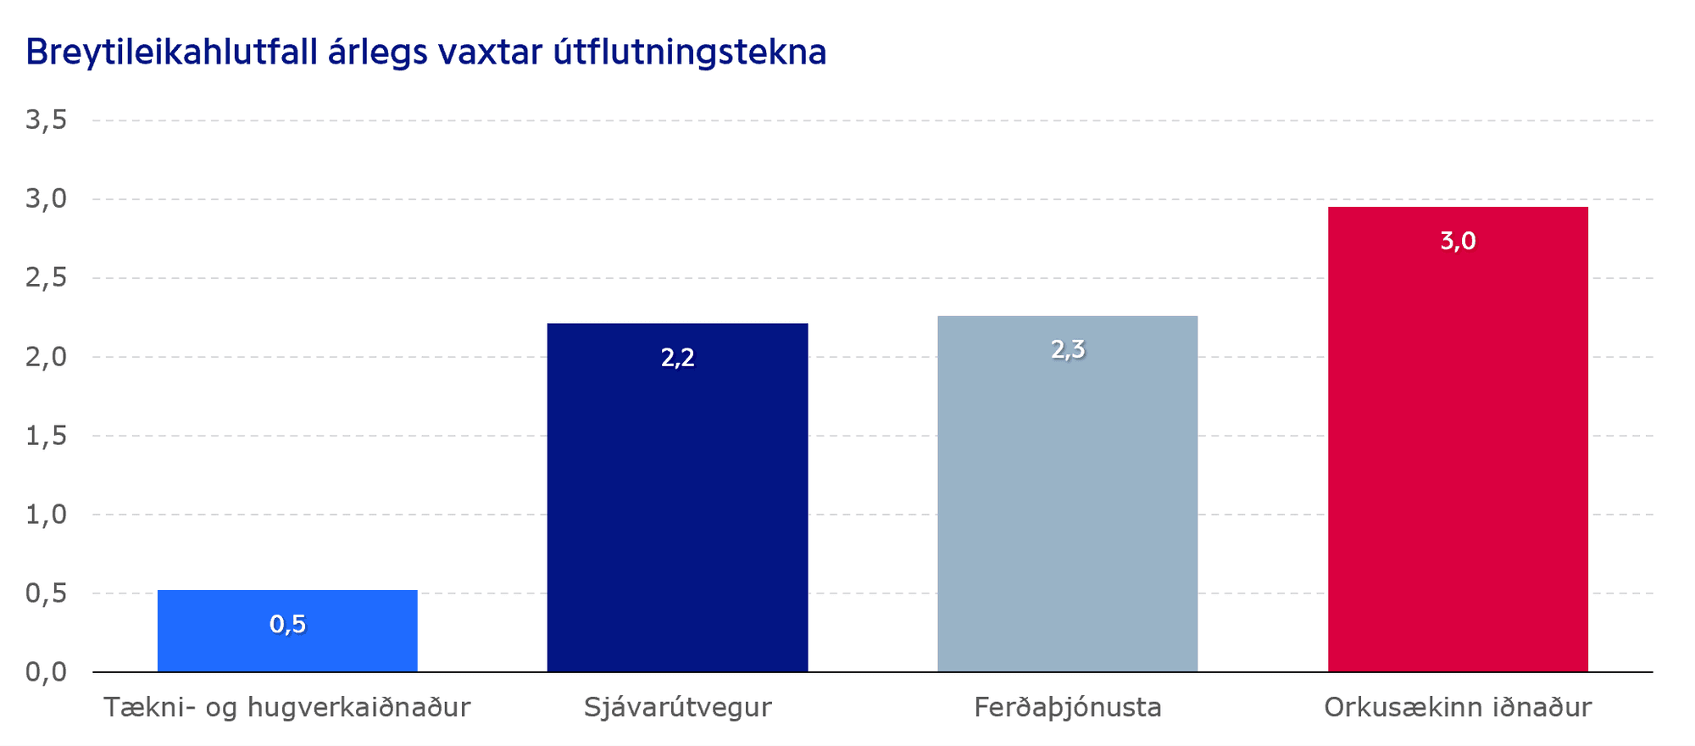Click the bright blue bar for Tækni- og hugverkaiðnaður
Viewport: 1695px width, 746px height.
(x=287, y=631)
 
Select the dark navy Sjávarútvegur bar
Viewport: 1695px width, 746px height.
(x=677, y=498)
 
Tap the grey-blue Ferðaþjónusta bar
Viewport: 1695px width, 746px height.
(x=1068, y=494)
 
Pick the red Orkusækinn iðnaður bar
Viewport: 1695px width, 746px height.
(x=1458, y=439)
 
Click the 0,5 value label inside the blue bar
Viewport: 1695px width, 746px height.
(x=287, y=625)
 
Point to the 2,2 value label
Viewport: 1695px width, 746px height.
(x=677, y=358)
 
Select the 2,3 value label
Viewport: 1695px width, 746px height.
(x=1068, y=349)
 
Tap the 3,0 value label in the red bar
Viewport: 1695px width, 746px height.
(x=1458, y=242)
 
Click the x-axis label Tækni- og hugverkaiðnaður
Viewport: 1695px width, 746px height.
(x=287, y=707)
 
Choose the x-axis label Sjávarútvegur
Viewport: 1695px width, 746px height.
(x=677, y=707)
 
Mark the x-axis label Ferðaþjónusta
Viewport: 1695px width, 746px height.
(x=1068, y=707)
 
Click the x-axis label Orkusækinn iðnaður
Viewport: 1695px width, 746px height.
(x=1458, y=707)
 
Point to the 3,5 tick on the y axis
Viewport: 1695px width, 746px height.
(x=47, y=120)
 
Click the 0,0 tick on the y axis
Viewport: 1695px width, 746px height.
(x=47, y=672)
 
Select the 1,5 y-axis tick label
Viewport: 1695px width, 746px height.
(x=47, y=436)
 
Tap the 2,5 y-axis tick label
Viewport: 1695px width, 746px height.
(x=47, y=278)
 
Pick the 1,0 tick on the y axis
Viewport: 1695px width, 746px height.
(x=47, y=515)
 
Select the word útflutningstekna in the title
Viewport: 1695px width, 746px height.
(x=690, y=53)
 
